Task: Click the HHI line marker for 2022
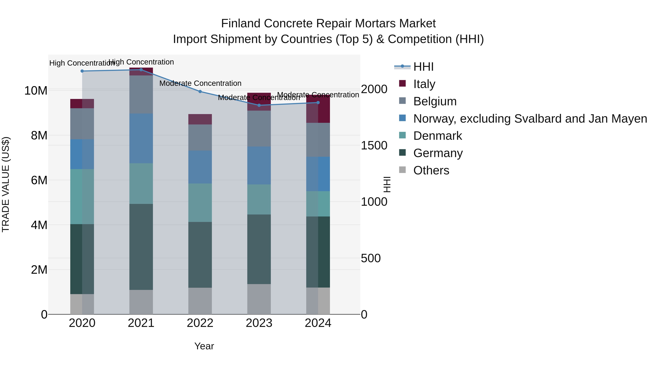point(200,91)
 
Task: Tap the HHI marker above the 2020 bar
point(82,71)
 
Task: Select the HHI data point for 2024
point(318,103)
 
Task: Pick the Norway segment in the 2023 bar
point(259,165)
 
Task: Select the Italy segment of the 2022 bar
point(200,119)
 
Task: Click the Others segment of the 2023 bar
point(259,299)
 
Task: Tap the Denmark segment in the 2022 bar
point(200,202)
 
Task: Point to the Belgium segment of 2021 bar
point(141,94)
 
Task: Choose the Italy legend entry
point(424,84)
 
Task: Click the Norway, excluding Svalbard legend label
point(530,119)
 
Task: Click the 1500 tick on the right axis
point(374,146)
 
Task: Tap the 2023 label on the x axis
point(259,323)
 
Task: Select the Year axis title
point(204,346)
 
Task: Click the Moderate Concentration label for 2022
point(200,83)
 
